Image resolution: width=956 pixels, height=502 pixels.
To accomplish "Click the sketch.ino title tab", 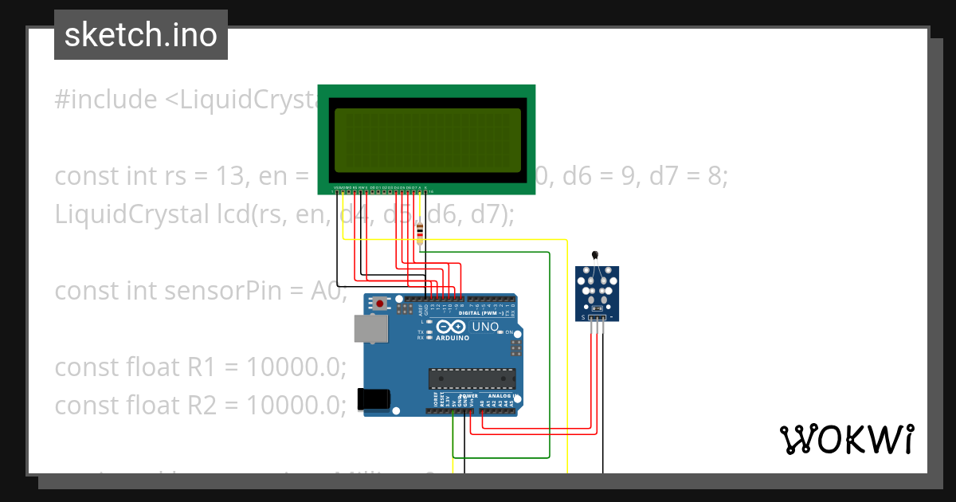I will pos(140,35).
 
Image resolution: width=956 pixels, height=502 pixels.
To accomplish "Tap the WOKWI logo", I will pos(846,439).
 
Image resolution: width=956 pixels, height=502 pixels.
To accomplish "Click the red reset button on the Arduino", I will pos(381,304).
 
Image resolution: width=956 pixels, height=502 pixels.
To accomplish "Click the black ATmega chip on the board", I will pos(472,378).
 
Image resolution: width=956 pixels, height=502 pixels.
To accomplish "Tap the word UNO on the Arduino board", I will pos(485,327).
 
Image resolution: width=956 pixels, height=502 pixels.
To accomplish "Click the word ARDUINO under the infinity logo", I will pos(452,338).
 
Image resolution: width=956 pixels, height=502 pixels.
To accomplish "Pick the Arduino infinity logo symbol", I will pos(452,327).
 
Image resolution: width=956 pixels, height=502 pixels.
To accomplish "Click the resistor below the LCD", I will pos(421,232).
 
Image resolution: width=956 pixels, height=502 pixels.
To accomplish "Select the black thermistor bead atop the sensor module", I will pos(595,255).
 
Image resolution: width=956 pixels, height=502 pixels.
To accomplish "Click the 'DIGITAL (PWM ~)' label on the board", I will pos(485,313).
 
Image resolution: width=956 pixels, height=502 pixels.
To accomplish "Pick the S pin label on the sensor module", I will pos(583,318).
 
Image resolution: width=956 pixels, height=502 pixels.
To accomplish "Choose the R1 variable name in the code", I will pos(202,367).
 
